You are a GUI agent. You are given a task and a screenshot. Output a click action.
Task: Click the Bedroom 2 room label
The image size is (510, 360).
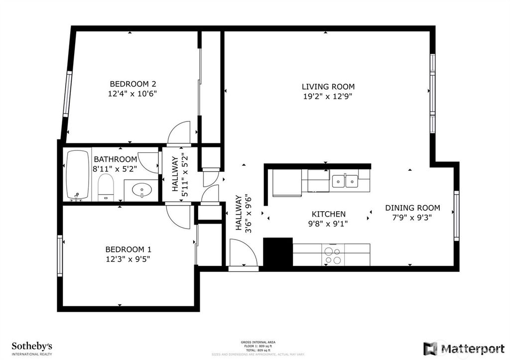[x=129, y=84]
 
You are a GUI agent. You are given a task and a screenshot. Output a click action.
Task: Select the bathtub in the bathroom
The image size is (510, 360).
[x=78, y=175]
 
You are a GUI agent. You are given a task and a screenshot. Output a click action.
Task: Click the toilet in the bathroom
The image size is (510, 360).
[x=105, y=187]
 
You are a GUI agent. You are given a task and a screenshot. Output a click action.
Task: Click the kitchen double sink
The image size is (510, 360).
[x=345, y=181]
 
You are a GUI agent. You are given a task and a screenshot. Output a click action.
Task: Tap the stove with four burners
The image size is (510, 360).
[x=333, y=255]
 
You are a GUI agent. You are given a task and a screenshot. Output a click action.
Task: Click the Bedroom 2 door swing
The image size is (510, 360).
[x=180, y=133]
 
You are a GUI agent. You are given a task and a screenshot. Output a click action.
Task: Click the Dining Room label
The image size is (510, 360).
[x=412, y=208]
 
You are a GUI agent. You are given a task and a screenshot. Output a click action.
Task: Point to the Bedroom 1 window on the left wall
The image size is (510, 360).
[x=60, y=256]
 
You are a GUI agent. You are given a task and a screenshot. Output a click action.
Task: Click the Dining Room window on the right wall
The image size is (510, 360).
[x=456, y=216]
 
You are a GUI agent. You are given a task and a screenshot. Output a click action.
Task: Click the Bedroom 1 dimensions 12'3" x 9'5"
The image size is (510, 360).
[x=128, y=258]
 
